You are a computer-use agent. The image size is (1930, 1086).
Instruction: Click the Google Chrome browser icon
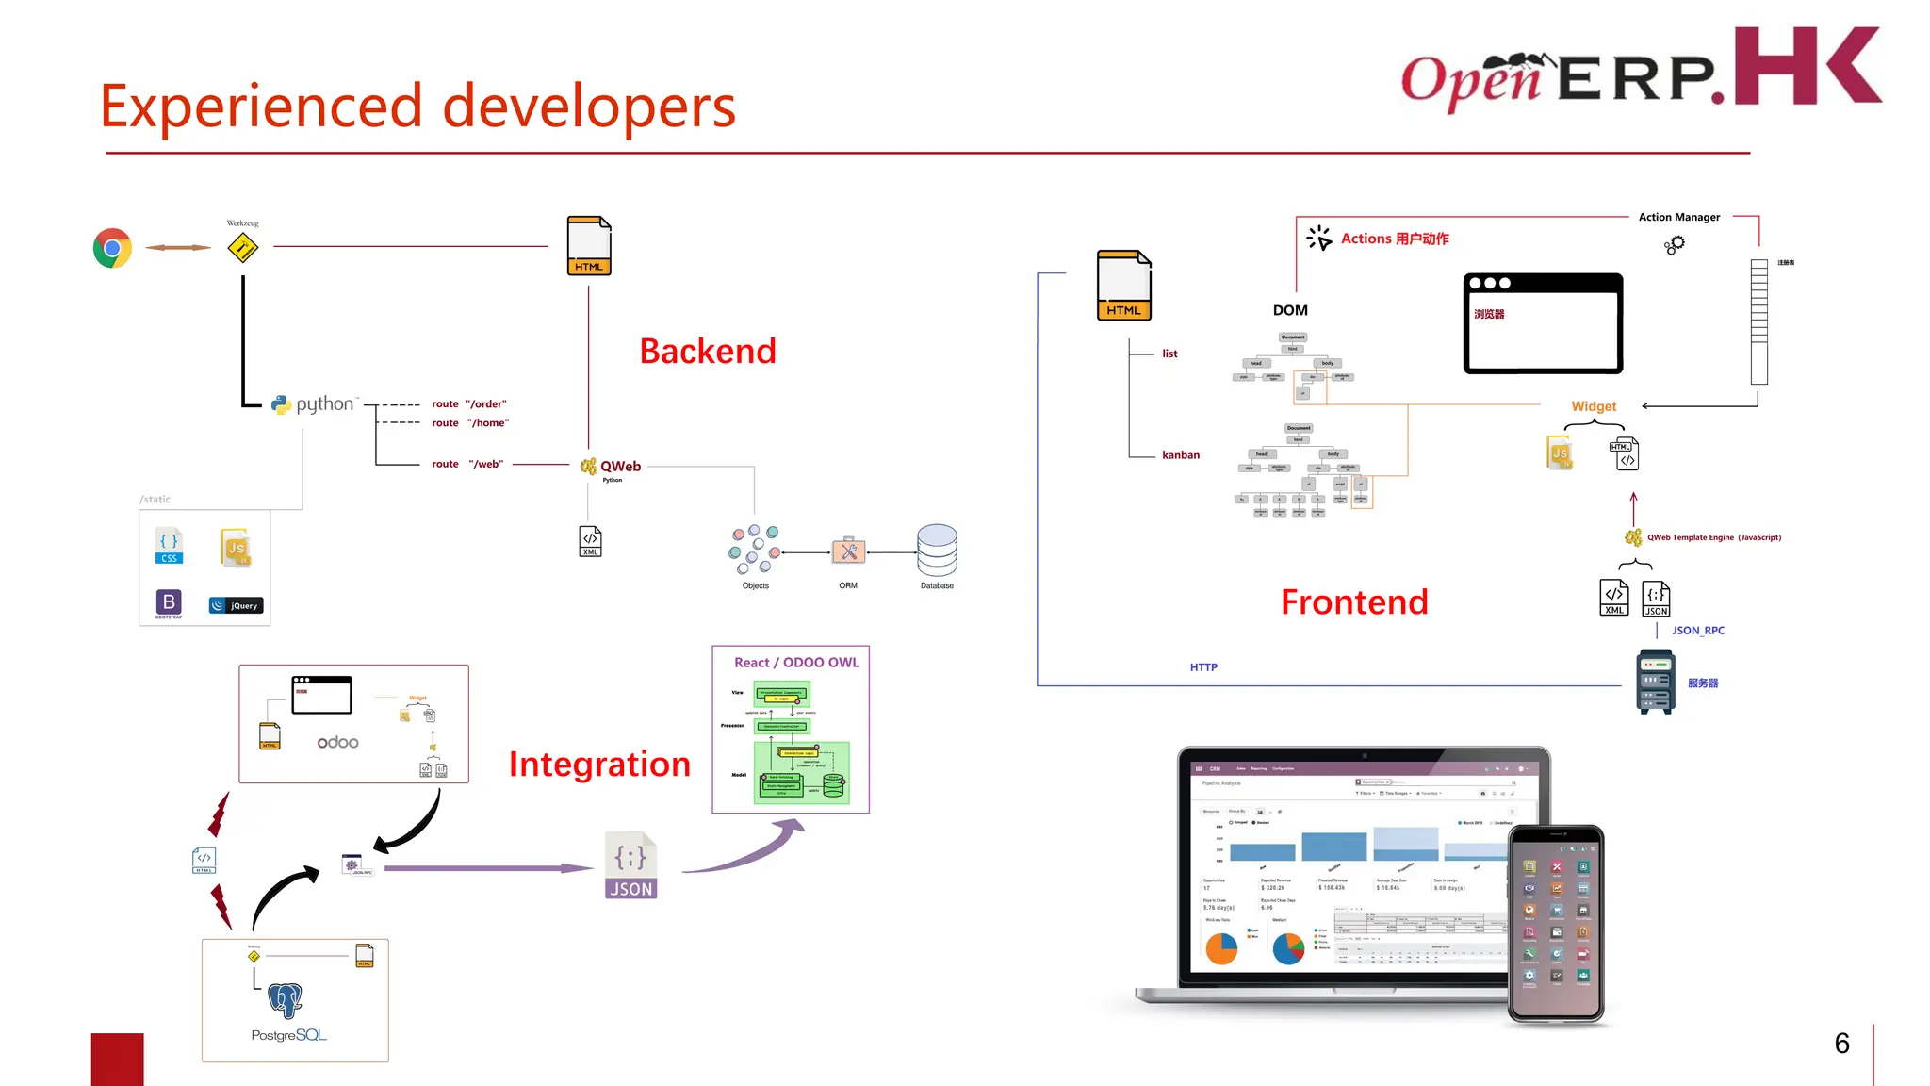pos(112,248)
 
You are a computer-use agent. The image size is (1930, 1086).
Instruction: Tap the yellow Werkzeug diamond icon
pos(243,248)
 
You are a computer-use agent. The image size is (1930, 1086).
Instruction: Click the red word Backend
pos(707,352)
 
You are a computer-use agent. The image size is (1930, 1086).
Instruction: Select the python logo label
pos(315,404)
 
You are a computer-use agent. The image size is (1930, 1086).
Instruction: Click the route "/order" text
pos(468,403)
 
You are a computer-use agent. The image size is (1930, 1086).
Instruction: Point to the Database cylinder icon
pos(937,551)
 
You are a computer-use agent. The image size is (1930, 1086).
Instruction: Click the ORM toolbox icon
pos(848,551)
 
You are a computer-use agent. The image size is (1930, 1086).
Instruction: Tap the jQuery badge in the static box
pos(236,605)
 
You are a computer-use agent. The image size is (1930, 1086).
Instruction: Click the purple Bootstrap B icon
pos(169,602)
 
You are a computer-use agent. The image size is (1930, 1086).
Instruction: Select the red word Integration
pos(599,764)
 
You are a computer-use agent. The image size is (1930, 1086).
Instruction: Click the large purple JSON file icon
pos(630,865)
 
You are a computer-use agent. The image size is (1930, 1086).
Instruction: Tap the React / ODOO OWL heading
pos(796,663)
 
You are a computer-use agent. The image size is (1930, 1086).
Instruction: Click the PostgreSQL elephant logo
pos(285,1000)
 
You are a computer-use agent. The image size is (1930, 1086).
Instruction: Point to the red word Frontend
pos(1354,602)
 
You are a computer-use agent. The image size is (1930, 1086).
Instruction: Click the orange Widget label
pos(1594,406)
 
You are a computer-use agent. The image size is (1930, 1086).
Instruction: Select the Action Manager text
pos(1678,217)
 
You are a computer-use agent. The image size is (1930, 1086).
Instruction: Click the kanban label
pos(1180,455)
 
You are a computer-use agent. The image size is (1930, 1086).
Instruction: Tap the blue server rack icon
pos(1655,683)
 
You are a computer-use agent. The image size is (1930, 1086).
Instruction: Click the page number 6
pos(1841,1044)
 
